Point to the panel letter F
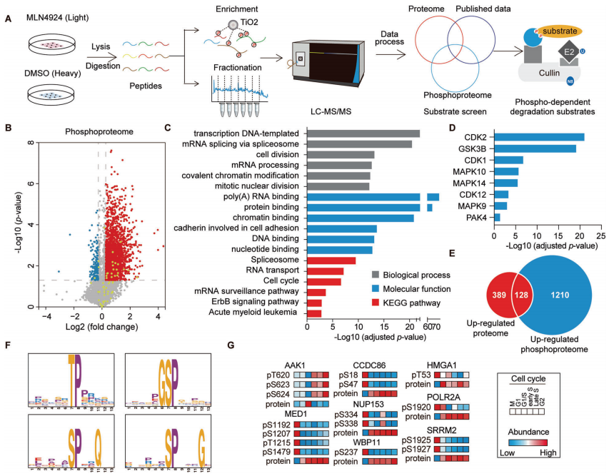click(x=8, y=345)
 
